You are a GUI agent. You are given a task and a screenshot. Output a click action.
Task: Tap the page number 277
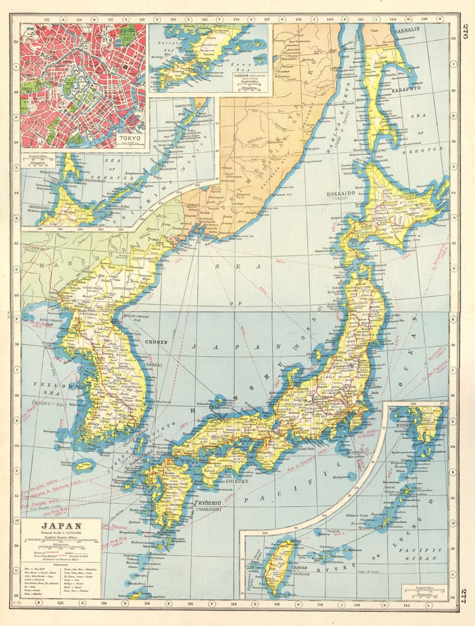(x=464, y=595)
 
